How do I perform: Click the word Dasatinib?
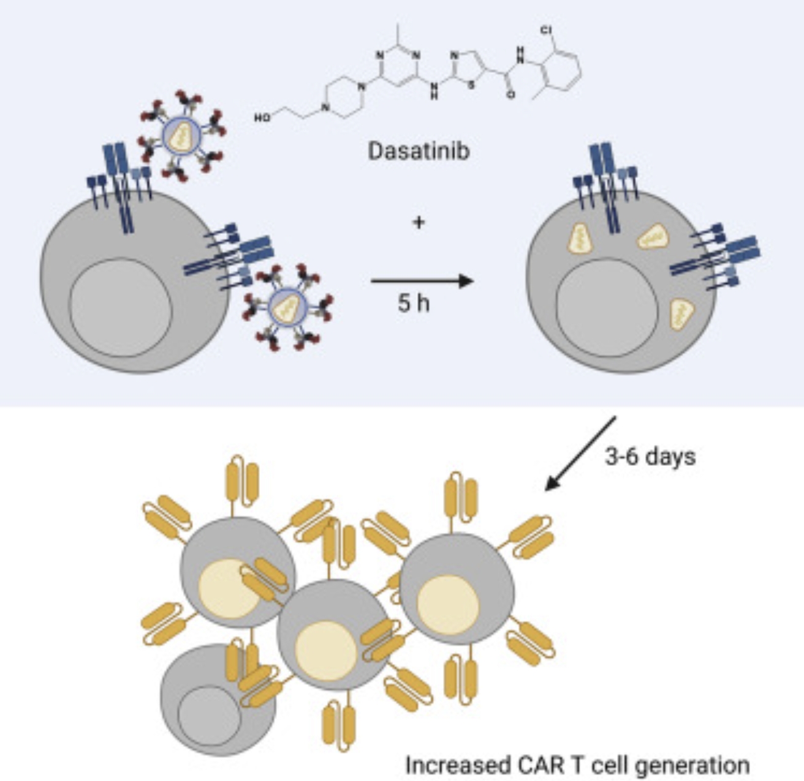click(419, 149)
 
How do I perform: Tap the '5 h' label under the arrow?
click(414, 302)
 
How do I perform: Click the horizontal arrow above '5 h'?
click(422, 282)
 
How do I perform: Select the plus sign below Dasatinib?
click(419, 222)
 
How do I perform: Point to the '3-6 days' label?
click(650, 457)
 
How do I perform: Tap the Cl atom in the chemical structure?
click(545, 29)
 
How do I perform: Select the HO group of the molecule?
click(262, 117)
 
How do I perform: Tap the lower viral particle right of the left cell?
click(287, 307)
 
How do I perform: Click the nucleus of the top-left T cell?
click(121, 307)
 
